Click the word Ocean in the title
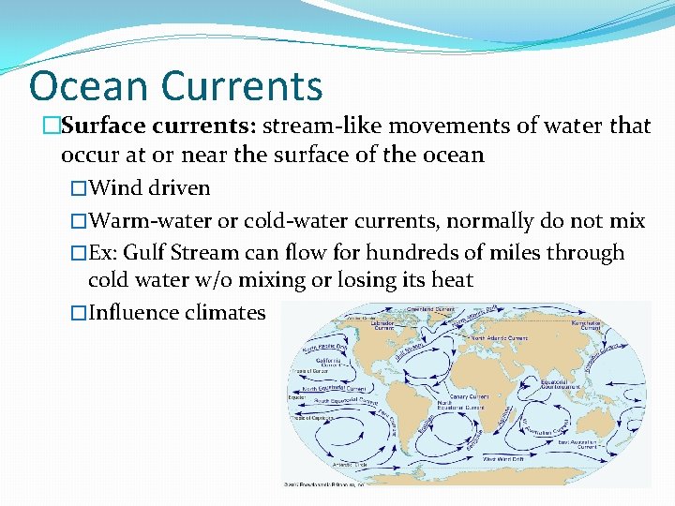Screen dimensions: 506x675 point(89,85)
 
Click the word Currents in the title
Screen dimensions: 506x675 point(242,85)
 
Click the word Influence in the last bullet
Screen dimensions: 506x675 point(131,312)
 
